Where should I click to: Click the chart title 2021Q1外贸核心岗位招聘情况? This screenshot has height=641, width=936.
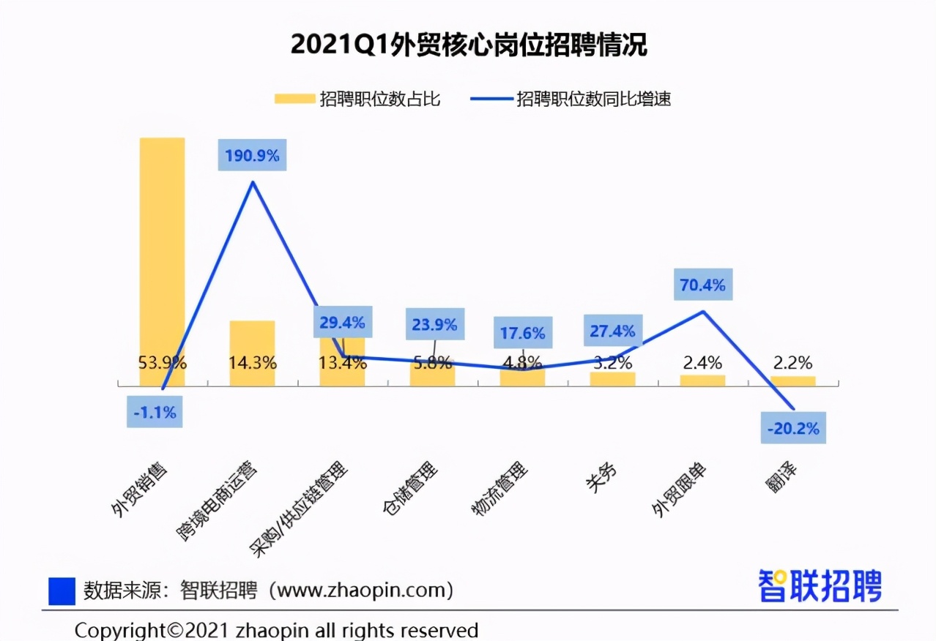tap(469, 45)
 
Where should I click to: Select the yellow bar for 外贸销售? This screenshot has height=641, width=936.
tap(163, 249)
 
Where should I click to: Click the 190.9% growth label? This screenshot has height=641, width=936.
tap(252, 155)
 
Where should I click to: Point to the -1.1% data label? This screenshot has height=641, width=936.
tap(155, 413)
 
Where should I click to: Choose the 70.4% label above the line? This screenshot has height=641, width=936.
tap(702, 285)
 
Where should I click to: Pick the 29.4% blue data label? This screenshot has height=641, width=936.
tap(342, 322)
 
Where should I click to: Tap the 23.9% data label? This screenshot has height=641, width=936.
tap(434, 324)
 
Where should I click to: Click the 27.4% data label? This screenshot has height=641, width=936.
tap(613, 331)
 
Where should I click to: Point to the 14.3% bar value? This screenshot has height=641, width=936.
tap(252, 362)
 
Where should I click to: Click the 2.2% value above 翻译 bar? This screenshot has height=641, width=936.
tap(792, 362)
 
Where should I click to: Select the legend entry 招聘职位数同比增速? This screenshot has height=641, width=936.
tap(571, 99)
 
